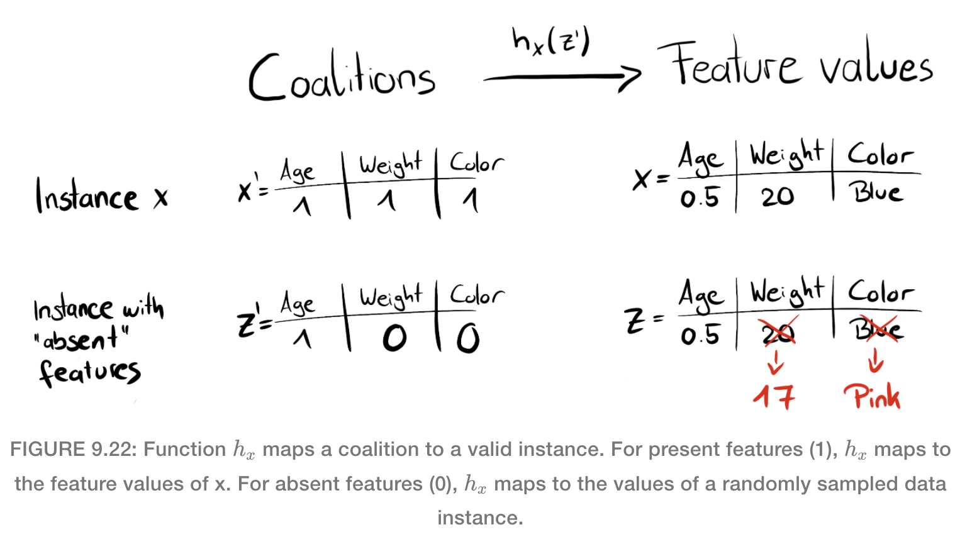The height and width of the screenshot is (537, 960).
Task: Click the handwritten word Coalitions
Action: coord(342,77)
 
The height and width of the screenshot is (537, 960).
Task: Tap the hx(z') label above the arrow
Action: coord(551,42)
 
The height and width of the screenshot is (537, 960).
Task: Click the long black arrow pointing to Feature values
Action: coord(561,78)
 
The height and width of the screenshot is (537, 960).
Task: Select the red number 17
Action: coord(774,396)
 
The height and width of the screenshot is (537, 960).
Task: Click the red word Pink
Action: coord(873,396)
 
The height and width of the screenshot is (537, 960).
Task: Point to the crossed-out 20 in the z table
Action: coord(778,333)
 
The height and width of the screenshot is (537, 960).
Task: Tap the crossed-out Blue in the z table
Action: coord(876,329)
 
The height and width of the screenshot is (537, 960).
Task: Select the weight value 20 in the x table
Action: coord(778,197)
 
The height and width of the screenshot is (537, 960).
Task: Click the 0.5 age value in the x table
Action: coord(700,198)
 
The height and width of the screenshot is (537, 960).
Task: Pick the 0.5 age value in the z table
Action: coord(700,335)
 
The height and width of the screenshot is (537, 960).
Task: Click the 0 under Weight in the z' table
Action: coord(394,339)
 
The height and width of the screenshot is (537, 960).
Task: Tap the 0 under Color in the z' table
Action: coord(468,339)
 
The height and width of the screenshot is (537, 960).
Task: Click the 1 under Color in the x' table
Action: coord(471,201)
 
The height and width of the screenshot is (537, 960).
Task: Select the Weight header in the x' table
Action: coord(390,164)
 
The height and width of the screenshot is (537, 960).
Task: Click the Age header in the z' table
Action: coord(298,303)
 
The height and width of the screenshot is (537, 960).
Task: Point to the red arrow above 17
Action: coord(776,362)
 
